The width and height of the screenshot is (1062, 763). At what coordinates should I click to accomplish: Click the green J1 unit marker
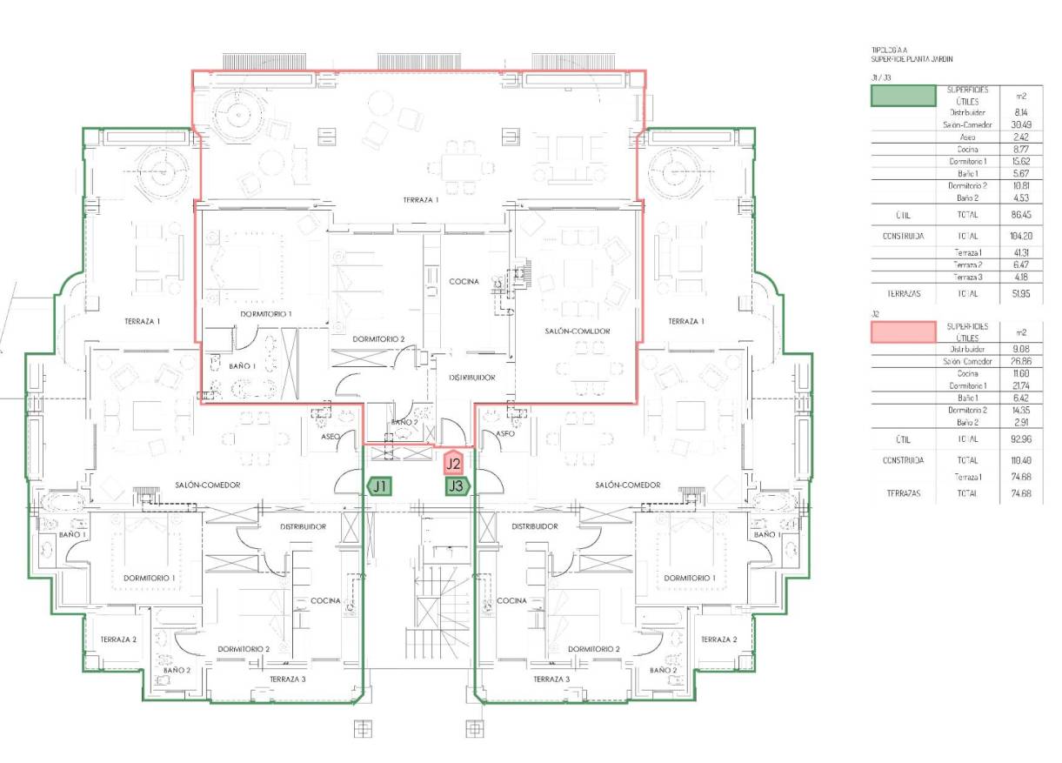[x=379, y=486]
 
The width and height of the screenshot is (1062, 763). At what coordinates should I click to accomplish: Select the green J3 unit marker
[x=457, y=486]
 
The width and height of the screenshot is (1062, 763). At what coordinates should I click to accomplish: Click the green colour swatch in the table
[x=904, y=96]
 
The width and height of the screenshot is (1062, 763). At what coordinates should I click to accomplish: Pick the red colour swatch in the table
[x=904, y=331]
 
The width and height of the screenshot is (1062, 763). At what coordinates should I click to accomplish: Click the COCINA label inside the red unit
[x=464, y=282]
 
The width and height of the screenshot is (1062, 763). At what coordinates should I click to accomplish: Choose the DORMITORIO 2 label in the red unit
[x=378, y=338]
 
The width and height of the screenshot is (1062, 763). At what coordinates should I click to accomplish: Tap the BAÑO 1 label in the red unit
[x=218, y=366]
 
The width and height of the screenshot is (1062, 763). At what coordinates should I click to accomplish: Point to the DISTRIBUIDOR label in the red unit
[x=472, y=378]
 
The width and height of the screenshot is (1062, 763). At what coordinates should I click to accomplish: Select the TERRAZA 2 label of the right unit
[x=718, y=639]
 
